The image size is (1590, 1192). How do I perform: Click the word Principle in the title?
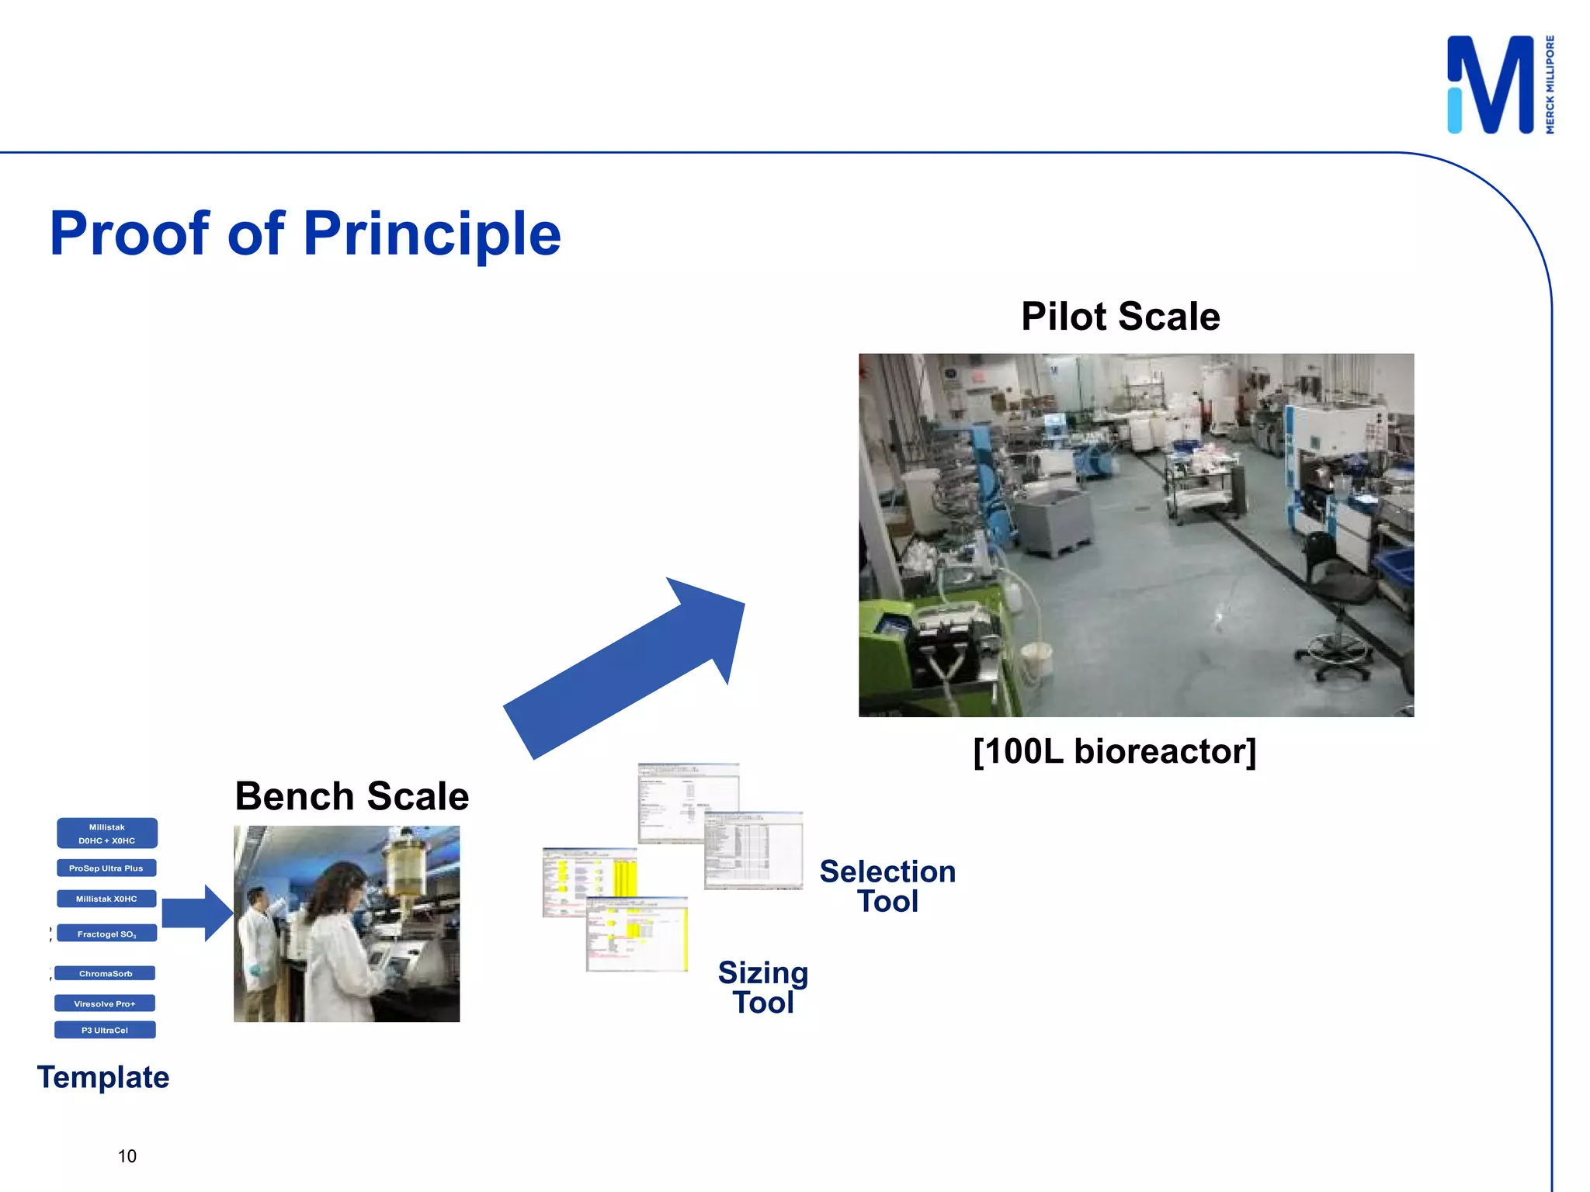point(432,234)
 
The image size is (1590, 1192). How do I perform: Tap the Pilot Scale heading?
point(1120,317)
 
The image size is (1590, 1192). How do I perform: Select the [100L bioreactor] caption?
point(1114,751)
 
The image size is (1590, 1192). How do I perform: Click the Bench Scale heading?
point(352,796)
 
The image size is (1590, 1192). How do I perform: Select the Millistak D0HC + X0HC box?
point(107,833)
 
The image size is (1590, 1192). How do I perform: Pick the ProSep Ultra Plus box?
point(106,868)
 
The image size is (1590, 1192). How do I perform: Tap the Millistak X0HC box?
point(106,899)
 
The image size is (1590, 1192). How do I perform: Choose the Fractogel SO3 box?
point(106,934)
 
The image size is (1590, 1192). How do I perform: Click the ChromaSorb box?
point(105,973)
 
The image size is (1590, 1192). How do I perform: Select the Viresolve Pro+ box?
point(105,1003)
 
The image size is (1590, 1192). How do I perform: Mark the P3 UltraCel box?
point(105,1030)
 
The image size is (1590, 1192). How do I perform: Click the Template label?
point(103,1077)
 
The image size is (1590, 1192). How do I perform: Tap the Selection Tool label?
point(887,886)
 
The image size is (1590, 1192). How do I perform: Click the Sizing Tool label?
point(763,987)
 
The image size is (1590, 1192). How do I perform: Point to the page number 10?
point(127,1156)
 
